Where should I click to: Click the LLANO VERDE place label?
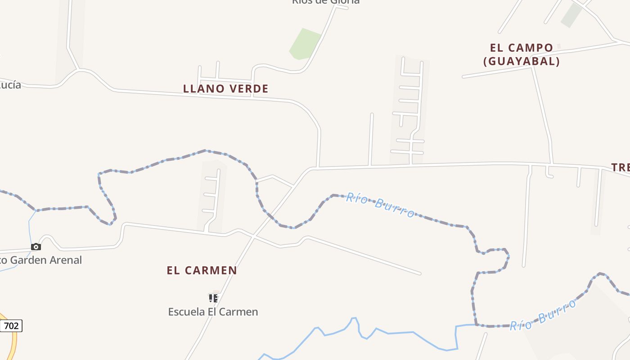point(225,89)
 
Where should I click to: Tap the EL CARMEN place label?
point(202,270)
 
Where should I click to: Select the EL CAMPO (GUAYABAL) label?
point(522,54)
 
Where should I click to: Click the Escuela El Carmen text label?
point(213,311)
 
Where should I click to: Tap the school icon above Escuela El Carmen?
point(213,298)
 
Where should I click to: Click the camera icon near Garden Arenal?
point(36,247)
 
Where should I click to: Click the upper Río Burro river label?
point(380,205)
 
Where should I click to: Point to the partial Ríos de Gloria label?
point(325,2)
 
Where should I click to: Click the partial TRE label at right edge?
point(621,167)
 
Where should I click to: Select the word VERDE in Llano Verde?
point(249,89)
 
